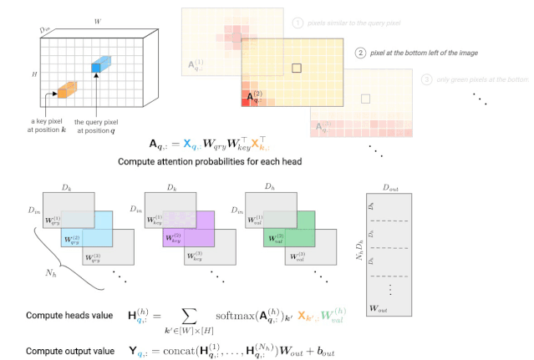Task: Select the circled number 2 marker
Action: tap(361, 53)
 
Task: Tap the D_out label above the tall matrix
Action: tap(391, 188)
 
